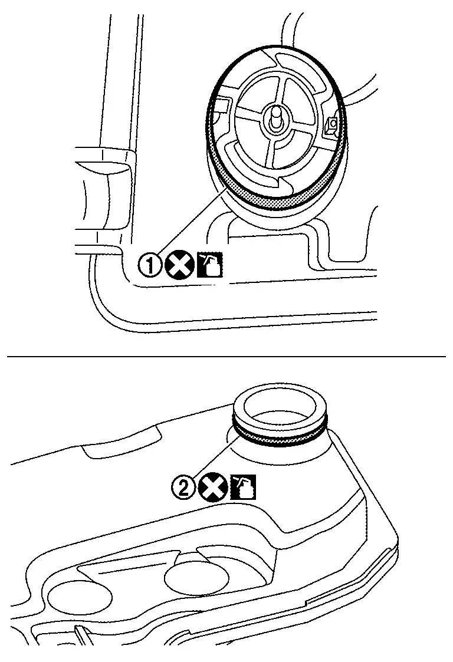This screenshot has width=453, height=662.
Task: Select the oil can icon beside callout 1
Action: [210, 265]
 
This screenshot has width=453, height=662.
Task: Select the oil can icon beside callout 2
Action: [243, 487]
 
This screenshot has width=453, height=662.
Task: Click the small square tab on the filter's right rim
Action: [331, 125]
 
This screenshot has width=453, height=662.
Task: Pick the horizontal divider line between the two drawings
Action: [226, 357]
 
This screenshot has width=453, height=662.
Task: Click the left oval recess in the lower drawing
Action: [80, 598]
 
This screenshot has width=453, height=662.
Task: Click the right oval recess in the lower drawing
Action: [196, 578]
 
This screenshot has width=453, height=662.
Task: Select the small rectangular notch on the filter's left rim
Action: [222, 108]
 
